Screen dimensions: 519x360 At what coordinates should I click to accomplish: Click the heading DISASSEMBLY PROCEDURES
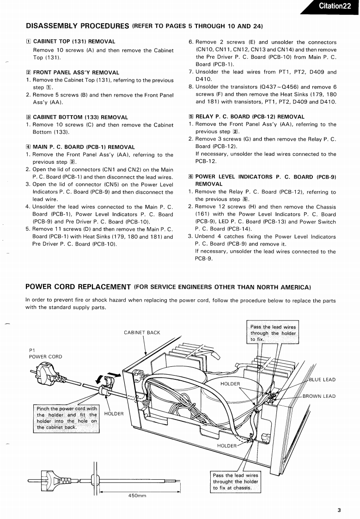pyautogui.click(x=77, y=26)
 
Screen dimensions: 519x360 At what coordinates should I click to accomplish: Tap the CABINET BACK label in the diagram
pyautogui.click(x=142, y=333)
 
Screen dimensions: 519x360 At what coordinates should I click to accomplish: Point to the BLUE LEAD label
pyautogui.click(x=322, y=380)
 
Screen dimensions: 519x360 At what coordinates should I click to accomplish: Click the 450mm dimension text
pyautogui.click(x=137, y=496)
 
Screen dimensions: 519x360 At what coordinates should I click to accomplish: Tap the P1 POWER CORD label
pyautogui.click(x=45, y=353)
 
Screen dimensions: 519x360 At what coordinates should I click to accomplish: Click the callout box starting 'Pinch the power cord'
pyautogui.click(x=67, y=418)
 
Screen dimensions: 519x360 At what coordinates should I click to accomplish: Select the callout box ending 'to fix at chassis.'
pyautogui.click(x=235, y=482)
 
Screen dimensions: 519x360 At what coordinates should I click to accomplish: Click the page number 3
pyautogui.click(x=339, y=510)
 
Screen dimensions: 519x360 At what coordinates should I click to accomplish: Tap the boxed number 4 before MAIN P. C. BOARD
pyautogui.click(x=28, y=147)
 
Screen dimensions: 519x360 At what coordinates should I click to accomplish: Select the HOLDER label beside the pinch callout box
pyautogui.click(x=114, y=414)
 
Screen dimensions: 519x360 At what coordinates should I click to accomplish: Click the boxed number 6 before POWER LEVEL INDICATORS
pyautogui.click(x=191, y=177)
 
